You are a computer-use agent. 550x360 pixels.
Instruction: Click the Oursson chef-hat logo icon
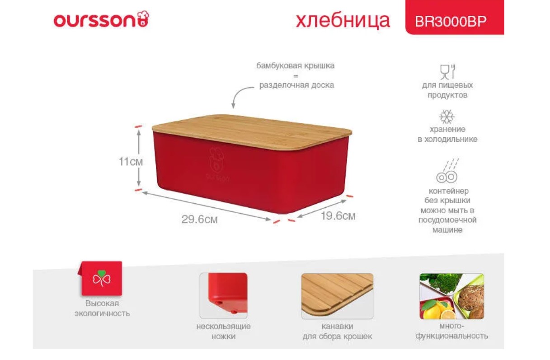click(x=143, y=19)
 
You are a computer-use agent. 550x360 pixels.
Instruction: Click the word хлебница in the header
click(x=343, y=21)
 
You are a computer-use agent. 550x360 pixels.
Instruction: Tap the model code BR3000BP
click(x=451, y=22)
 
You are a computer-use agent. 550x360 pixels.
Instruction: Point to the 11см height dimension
click(x=131, y=162)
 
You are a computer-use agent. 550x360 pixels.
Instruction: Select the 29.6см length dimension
click(x=199, y=220)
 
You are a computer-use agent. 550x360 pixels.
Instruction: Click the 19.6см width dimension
click(x=338, y=216)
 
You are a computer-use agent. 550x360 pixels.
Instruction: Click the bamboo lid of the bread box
click(x=252, y=131)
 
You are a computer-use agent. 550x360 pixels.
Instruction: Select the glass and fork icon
click(x=447, y=72)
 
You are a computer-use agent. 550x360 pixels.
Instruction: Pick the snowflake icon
click(x=447, y=117)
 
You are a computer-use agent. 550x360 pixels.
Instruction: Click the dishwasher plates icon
click(x=447, y=171)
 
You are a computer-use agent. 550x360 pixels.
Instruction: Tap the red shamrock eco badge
click(x=101, y=278)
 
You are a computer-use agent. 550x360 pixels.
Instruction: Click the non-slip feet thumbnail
click(x=223, y=296)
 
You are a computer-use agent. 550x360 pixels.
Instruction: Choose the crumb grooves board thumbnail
click(x=337, y=296)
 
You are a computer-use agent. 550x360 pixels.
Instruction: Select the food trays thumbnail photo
click(x=452, y=296)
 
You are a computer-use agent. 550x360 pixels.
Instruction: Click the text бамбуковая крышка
click(x=296, y=66)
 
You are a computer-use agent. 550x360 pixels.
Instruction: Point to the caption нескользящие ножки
click(x=223, y=331)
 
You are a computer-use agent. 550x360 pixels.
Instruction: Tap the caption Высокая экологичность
click(x=102, y=309)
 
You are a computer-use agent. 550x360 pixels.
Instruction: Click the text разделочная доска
click(x=296, y=85)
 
